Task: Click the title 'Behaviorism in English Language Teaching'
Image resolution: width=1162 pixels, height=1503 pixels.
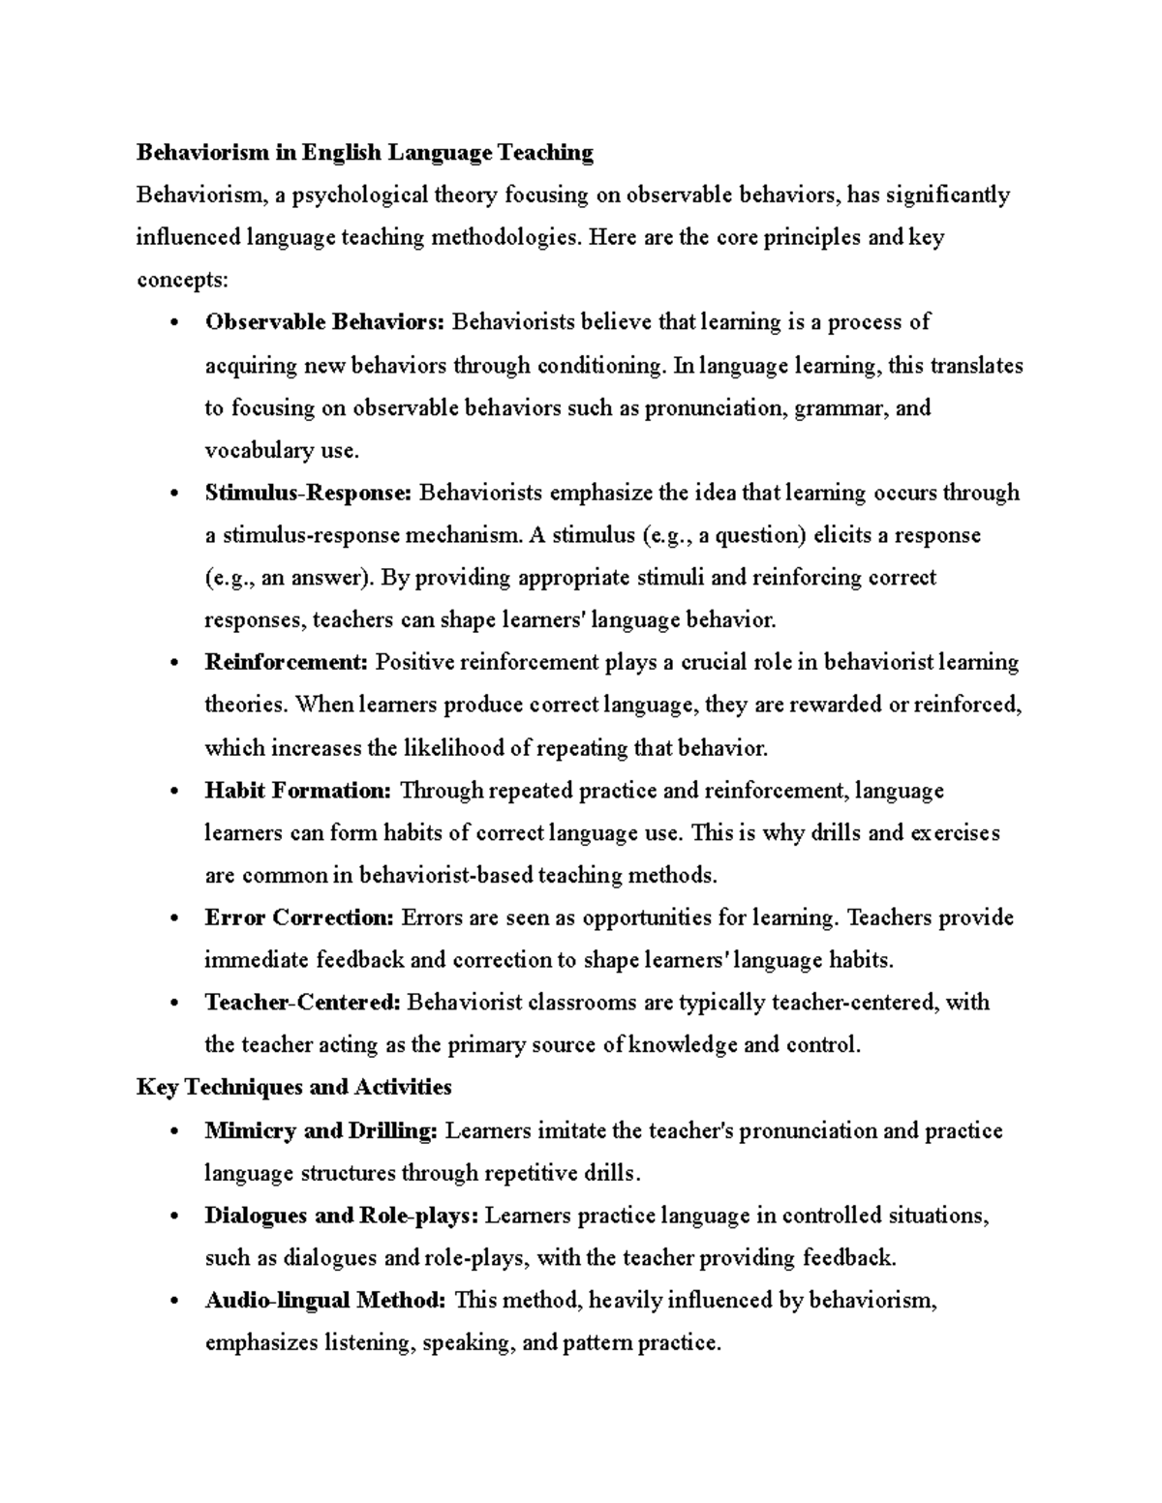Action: (x=364, y=152)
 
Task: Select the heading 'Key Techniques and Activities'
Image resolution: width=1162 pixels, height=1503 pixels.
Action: (x=294, y=1087)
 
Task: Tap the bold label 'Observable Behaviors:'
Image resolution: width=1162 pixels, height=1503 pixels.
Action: (x=324, y=322)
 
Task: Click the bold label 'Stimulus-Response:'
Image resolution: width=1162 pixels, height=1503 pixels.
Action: (x=308, y=493)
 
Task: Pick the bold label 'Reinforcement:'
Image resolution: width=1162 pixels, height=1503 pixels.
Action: (x=287, y=663)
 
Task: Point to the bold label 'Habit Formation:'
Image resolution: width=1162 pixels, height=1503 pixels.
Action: (x=298, y=791)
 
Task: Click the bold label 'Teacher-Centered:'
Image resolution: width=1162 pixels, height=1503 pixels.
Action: (x=302, y=1003)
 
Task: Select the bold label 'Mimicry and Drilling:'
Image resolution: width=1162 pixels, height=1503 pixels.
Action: (x=321, y=1130)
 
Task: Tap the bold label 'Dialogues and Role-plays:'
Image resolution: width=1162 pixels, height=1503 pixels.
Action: (x=342, y=1216)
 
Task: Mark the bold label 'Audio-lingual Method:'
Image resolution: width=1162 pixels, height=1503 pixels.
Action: (x=325, y=1301)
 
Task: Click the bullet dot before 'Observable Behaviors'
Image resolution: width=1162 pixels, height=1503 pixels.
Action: (x=174, y=323)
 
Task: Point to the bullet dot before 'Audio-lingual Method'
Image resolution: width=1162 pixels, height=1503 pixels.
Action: (x=174, y=1302)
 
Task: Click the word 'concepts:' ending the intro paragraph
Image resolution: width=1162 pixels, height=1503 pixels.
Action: (x=183, y=281)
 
